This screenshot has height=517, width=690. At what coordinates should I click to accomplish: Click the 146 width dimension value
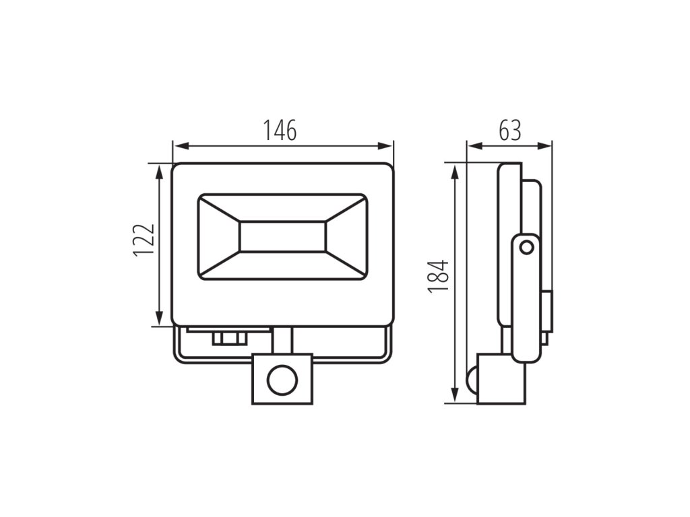point(280,130)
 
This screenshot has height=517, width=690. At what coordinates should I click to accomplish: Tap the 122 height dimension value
point(144,240)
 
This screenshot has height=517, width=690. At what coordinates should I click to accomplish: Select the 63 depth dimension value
point(510,130)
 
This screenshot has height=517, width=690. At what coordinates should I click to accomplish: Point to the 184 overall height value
point(438,276)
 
